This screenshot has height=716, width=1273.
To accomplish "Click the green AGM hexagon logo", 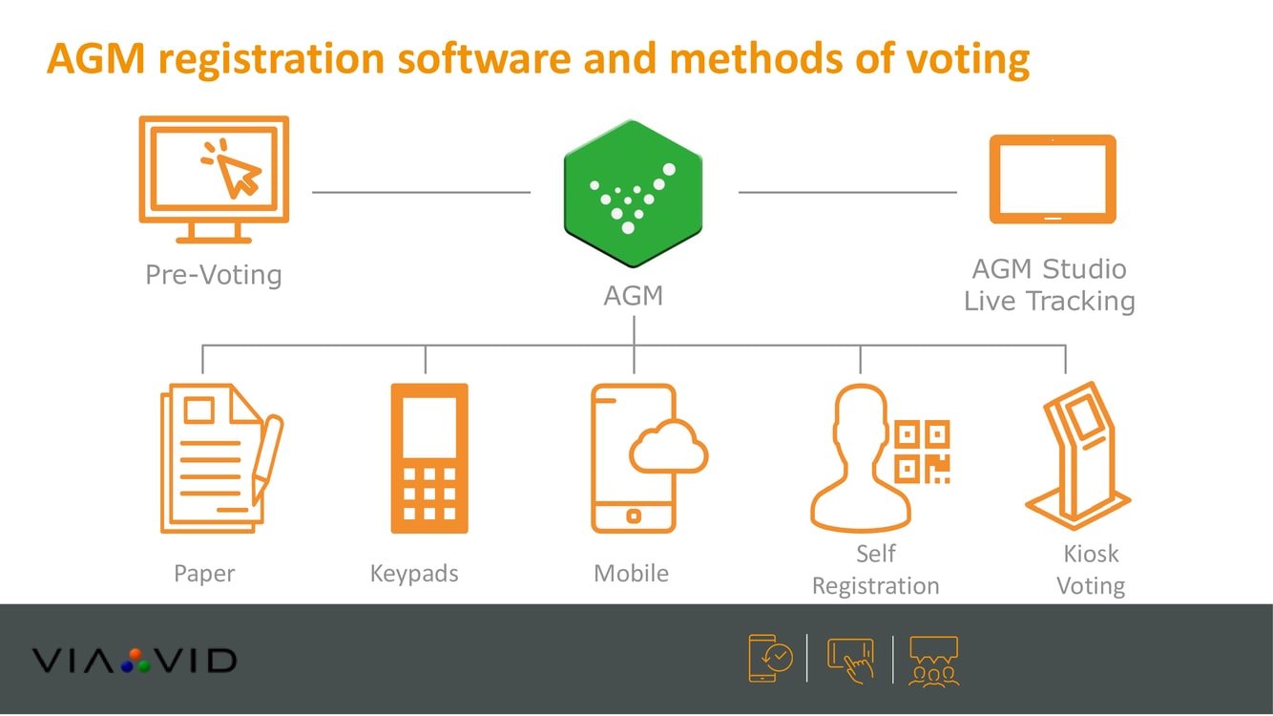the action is click(633, 194).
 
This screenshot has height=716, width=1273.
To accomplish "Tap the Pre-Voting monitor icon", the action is click(214, 179).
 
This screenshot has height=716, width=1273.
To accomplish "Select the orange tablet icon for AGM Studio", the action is click(1053, 179).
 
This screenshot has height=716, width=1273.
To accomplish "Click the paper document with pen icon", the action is click(221, 458).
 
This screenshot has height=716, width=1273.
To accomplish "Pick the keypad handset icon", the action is click(429, 458).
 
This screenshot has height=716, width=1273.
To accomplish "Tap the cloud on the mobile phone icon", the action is click(669, 447).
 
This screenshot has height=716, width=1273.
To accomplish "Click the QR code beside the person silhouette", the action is click(923, 452).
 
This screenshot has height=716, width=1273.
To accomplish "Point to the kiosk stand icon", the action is click(1078, 455).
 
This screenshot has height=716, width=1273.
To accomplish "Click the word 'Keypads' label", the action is click(414, 573).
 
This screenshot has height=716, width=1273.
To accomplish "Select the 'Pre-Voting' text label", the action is click(214, 275).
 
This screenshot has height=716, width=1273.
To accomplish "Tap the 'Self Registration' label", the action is click(876, 570).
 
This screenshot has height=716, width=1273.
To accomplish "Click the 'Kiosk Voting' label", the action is click(1091, 570).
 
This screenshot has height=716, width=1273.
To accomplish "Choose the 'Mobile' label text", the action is click(631, 573).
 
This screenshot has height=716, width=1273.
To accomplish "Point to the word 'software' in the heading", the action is click(484, 59).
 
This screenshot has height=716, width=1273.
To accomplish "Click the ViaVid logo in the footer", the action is click(135, 661).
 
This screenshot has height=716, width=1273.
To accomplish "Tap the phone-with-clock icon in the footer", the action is click(770, 659).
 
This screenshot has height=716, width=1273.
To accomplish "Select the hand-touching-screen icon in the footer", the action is click(851, 660).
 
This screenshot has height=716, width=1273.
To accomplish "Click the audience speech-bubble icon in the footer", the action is click(933, 661).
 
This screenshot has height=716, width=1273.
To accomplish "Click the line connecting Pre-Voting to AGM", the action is click(421, 192).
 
